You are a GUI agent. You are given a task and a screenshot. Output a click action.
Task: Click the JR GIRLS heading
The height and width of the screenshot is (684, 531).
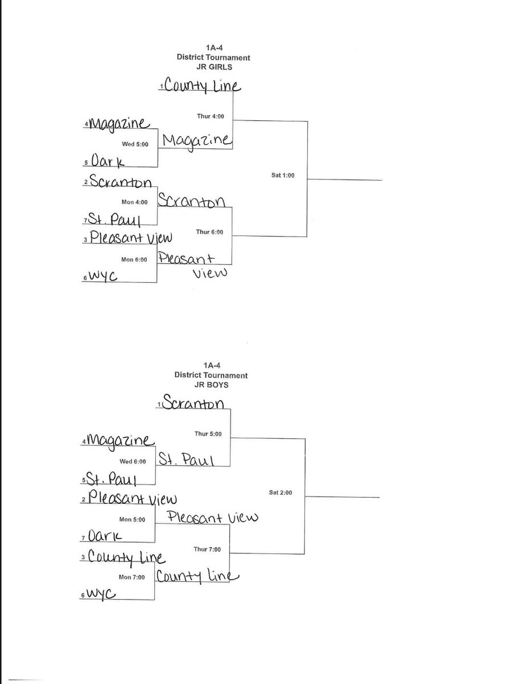point(213,67)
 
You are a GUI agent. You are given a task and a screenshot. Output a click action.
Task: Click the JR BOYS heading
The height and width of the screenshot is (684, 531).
point(211,385)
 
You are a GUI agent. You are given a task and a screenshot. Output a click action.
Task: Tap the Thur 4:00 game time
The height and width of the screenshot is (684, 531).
point(211,117)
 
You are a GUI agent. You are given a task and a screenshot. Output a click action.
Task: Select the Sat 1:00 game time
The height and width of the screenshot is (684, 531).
point(283,176)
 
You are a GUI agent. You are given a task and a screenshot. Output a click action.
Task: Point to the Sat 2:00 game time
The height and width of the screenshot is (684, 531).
point(281,492)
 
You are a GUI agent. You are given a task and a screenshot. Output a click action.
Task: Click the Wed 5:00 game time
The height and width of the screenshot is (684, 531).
point(135,144)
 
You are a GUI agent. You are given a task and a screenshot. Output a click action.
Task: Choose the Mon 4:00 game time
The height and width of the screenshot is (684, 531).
point(134,202)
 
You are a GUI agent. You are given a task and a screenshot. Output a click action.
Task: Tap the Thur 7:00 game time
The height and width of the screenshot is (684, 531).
point(208,549)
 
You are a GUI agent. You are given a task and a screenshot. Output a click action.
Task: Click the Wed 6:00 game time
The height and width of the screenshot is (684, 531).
point(133,462)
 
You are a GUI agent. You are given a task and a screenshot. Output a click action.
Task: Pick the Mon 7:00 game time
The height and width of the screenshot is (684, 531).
point(131,577)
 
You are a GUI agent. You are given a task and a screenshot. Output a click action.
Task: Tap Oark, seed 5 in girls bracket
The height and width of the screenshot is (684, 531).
point(107,161)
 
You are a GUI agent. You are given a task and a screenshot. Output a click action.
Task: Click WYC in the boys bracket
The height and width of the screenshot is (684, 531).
point(102,594)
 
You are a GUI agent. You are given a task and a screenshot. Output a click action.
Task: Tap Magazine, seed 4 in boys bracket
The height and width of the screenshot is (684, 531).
point(120,441)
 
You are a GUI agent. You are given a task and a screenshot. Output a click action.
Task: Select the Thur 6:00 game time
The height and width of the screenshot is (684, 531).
point(209,232)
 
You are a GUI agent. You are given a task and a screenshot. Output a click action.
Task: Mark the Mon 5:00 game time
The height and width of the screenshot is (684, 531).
point(132,519)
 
